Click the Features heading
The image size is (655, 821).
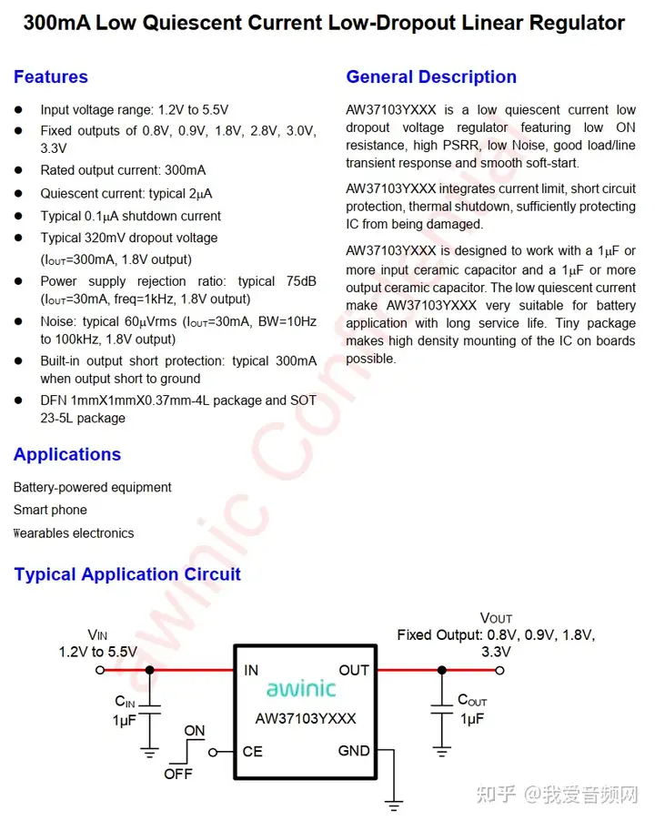(x=51, y=77)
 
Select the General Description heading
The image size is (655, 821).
(x=431, y=77)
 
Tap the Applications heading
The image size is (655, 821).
(x=67, y=454)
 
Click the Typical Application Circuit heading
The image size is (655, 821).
(x=127, y=574)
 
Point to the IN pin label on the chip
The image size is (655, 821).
(x=251, y=671)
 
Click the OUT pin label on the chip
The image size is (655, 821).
(x=354, y=671)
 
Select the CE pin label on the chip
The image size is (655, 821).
(x=253, y=752)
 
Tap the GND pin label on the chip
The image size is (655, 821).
(x=354, y=751)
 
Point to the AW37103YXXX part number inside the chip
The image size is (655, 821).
(x=306, y=718)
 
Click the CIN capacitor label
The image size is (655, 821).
(x=125, y=702)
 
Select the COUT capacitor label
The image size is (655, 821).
(x=472, y=701)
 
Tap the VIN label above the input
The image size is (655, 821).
(x=97, y=634)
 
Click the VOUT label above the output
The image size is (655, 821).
(x=496, y=618)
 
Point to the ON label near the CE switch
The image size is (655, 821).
(x=195, y=731)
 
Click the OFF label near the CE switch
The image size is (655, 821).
(x=178, y=775)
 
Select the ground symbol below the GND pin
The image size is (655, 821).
(x=393, y=805)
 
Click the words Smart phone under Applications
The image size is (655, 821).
(x=50, y=510)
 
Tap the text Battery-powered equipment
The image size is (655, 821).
(x=92, y=487)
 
